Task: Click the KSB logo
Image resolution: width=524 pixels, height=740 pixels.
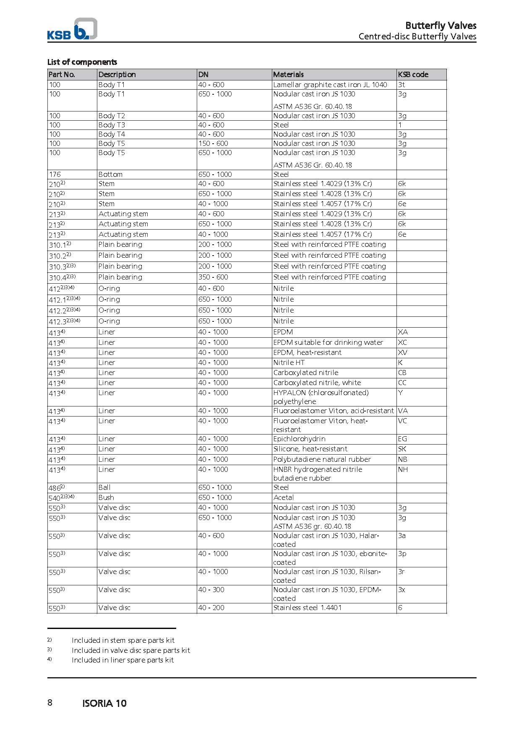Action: point(72,29)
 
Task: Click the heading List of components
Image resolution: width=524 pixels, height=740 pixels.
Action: point(82,62)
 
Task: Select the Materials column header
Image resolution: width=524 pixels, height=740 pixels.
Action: point(288,75)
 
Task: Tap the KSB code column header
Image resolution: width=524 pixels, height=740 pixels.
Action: point(413,75)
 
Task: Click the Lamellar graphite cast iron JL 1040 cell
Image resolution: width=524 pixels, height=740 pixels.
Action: point(330,85)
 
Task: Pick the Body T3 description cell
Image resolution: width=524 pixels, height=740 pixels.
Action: point(112,125)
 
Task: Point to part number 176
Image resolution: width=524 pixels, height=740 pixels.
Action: point(55,174)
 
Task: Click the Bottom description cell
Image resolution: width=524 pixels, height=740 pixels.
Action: point(110,174)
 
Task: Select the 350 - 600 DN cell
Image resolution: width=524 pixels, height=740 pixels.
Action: point(213,277)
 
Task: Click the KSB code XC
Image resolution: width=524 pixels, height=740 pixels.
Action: point(402,342)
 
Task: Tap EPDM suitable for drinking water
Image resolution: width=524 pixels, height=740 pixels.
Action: point(328,342)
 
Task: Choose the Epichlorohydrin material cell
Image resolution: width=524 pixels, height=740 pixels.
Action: point(299,439)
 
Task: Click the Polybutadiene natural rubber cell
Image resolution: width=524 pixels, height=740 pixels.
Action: point(322,459)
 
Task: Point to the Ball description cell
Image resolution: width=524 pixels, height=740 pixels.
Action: point(104,487)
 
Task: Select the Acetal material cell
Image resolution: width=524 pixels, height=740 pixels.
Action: point(284,497)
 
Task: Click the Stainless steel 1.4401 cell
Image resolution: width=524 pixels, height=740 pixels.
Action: point(307,608)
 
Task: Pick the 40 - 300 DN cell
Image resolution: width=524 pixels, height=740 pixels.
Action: point(211,590)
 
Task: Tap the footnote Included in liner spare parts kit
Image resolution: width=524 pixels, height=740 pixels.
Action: point(123,660)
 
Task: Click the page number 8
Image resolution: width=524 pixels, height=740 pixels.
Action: point(50,703)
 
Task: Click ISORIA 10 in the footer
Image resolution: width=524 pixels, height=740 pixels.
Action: point(104,704)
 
